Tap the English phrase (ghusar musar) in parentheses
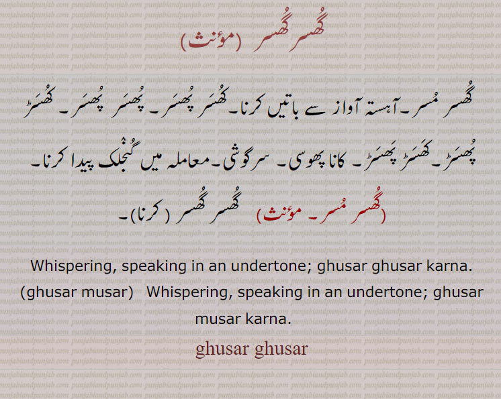click(76, 292)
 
